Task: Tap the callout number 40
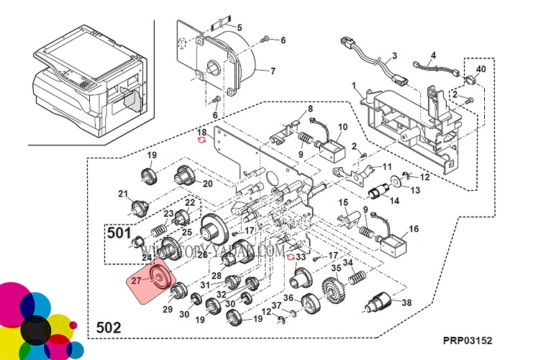[481, 69]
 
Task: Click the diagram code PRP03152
[468, 340]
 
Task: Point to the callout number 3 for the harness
[395, 55]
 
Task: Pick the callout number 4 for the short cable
[433, 55]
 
